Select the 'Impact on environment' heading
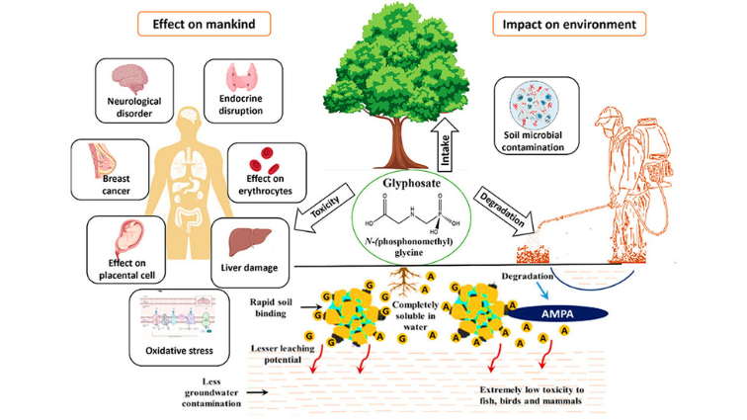(571, 23)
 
